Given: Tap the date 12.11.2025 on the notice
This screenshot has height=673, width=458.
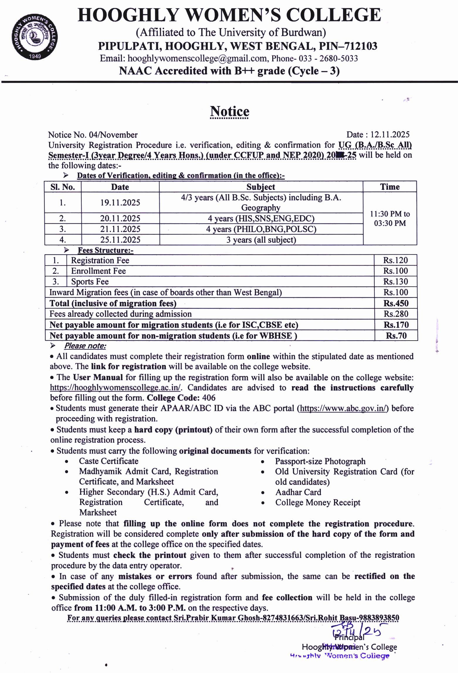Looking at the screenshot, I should [x=390, y=135].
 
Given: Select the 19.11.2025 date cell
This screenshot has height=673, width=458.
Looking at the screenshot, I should [x=120, y=203].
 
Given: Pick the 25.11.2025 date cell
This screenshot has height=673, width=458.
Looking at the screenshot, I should [x=120, y=240].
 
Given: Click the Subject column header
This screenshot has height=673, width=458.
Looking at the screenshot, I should [x=261, y=187].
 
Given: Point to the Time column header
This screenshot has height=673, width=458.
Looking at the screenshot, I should [x=390, y=187].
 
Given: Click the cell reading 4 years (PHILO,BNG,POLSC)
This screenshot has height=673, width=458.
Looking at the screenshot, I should [x=261, y=229].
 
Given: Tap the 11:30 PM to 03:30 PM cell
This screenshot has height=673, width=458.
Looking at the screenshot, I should [x=390, y=218].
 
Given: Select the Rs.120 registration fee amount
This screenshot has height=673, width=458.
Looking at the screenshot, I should [x=396, y=260].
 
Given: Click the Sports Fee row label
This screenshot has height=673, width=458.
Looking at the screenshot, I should [x=90, y=282].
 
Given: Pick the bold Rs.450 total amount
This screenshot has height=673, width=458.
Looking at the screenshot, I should [x=396, y=303].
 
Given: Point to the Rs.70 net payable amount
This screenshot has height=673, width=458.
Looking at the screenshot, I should [x=396, y=336].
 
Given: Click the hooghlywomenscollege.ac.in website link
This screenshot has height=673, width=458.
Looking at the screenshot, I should [x=115, y=388].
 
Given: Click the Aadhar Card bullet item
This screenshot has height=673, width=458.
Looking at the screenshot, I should [x=298, y=492].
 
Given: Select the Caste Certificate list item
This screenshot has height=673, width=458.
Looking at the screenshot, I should [x=108, y=461].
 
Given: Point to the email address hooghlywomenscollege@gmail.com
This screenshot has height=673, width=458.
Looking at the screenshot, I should [x=197, y=58].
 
